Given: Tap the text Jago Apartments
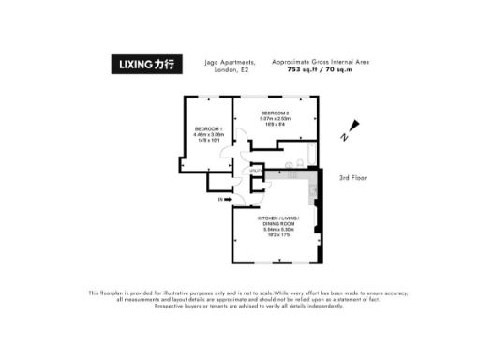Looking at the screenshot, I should point(229,62).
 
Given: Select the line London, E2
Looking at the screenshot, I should point(229,69).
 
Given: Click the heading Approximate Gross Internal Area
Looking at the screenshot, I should point(320,62).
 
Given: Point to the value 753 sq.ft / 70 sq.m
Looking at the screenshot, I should point(320,69).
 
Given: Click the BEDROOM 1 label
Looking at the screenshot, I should point(208,127).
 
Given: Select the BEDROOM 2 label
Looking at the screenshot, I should point(275,112).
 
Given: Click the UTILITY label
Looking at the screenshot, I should point(254,170).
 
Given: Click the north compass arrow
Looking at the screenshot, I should point(352,127).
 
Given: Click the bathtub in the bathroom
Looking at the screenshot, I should point(285,174).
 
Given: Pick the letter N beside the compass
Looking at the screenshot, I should point(344,138).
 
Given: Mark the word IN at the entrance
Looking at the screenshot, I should point(219,200).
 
